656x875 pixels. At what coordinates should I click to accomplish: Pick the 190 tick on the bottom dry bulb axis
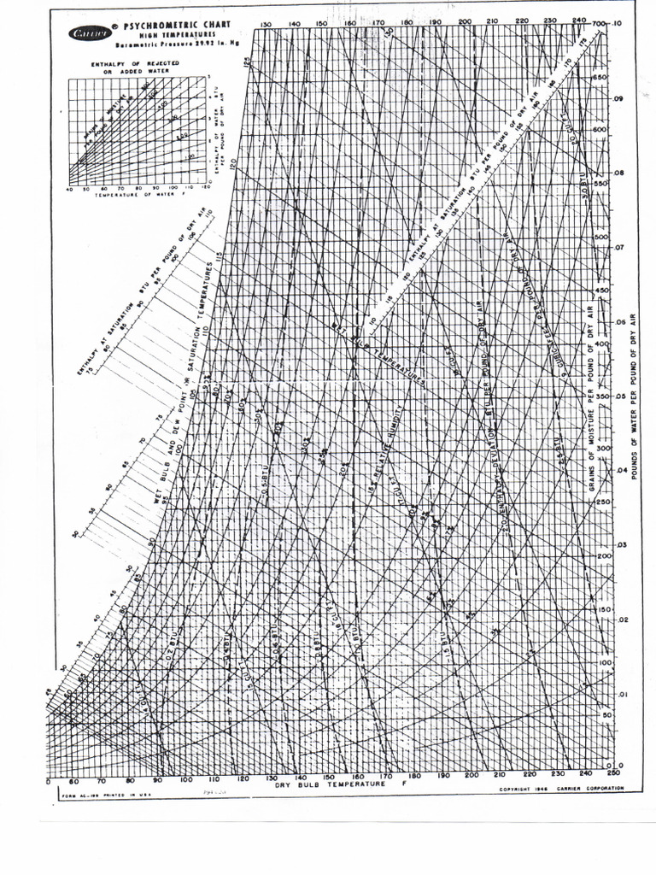click(443, 776)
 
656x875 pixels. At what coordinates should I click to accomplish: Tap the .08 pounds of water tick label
click(621, 172)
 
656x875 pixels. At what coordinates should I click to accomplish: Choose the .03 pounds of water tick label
click(621, 544)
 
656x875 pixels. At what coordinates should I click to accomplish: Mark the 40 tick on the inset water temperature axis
click(69, 187)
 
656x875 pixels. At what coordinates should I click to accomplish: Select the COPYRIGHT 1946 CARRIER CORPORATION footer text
click(561, 789)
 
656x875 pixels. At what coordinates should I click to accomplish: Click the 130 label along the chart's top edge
click(266, 24)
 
